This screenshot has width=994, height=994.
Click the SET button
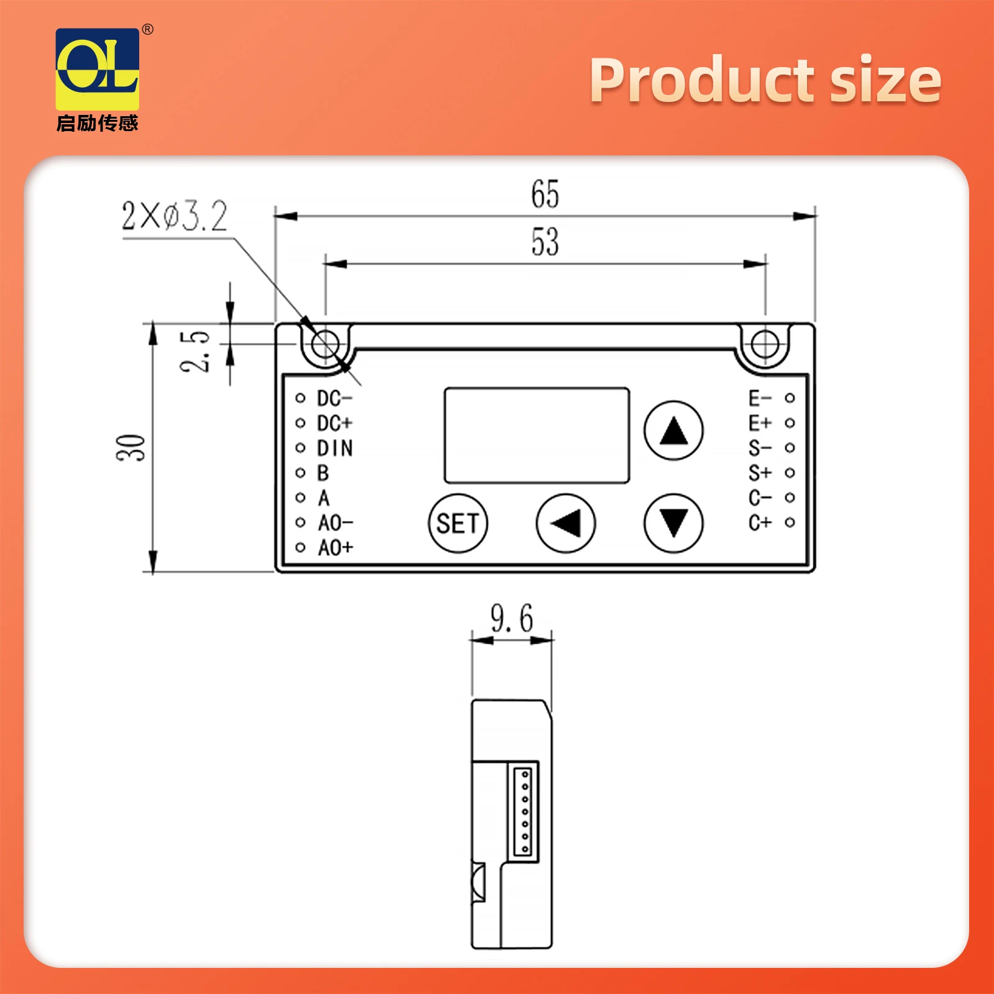[x=458, y=523]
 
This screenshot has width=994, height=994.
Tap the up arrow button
[x=673, y=430]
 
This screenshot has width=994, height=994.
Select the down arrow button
[x=673, y=523]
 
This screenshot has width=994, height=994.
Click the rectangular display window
[x=537, y=435]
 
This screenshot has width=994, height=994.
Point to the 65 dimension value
[x=545, y=194]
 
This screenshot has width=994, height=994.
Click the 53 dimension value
[x=545, y=242]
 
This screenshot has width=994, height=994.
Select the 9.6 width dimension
[x=511, y=618]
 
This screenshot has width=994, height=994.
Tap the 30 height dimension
[x=131, y=447]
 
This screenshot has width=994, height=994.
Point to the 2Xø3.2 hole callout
[x=175, y=216]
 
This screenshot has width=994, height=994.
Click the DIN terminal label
[x=335, y=448]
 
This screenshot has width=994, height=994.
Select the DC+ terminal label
[x=334, y=423]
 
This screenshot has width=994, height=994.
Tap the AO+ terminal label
[x=335, y=548]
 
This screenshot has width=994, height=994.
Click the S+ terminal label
[x=760, y=473]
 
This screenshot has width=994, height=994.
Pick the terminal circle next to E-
[x=790, y=398]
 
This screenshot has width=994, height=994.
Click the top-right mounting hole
[x=764, y=344]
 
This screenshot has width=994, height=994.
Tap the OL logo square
[x=98, y=69]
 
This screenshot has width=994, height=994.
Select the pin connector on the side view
[x=525, y=811]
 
